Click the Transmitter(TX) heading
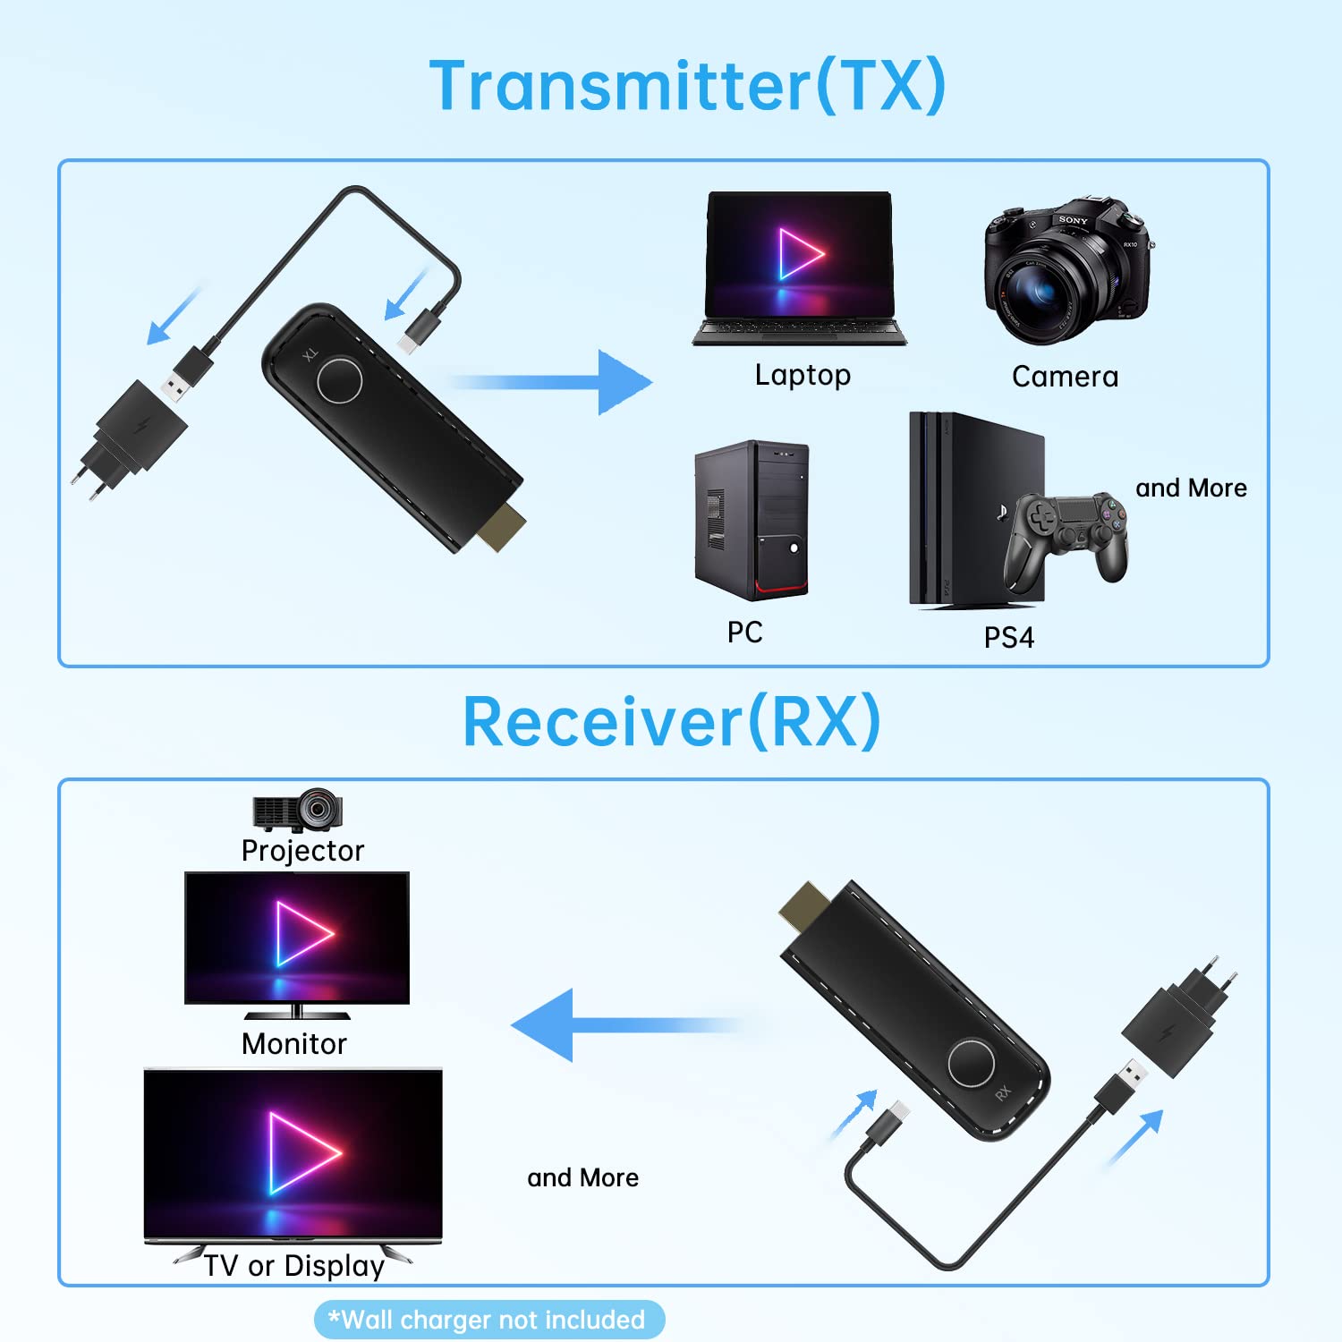pos(687,86)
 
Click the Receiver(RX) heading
pos(671,722)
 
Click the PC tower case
pos(752,519)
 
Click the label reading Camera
pos(1065,377)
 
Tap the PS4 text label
pos(1008,637)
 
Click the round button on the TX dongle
pos(340,380)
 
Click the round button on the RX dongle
pos(971,1063)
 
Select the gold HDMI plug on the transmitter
pos(500,529)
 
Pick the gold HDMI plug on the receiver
pos(802,905)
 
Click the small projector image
pos(298,810)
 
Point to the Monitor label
pos(293,1043)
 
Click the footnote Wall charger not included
pos(489,1320)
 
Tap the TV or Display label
pos(293,1265)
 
